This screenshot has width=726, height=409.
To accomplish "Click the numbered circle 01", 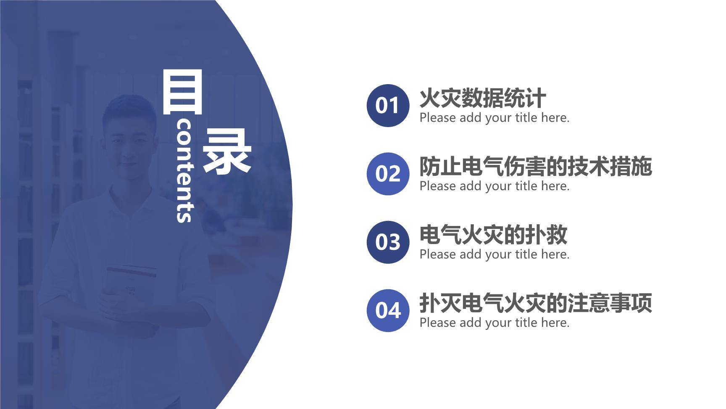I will coord(387,105).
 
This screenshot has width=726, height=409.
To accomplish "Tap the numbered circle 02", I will coord(387,173).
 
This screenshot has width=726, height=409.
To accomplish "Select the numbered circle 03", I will coord(387,242).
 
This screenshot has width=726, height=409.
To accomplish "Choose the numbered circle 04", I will coord(387,310).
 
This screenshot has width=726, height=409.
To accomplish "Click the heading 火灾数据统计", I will coord(482,98).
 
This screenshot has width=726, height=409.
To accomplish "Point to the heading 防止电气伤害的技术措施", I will coord(535,167).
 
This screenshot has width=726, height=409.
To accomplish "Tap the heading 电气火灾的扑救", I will coord(493,235).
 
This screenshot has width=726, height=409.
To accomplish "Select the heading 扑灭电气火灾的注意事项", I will coord(535,303).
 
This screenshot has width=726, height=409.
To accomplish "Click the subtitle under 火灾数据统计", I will coord(494,118).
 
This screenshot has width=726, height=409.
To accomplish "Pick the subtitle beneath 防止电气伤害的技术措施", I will coord(494,186).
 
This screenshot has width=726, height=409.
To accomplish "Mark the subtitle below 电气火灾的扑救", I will coord(494,255).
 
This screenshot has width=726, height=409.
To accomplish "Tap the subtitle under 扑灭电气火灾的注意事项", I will coord(494,323).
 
